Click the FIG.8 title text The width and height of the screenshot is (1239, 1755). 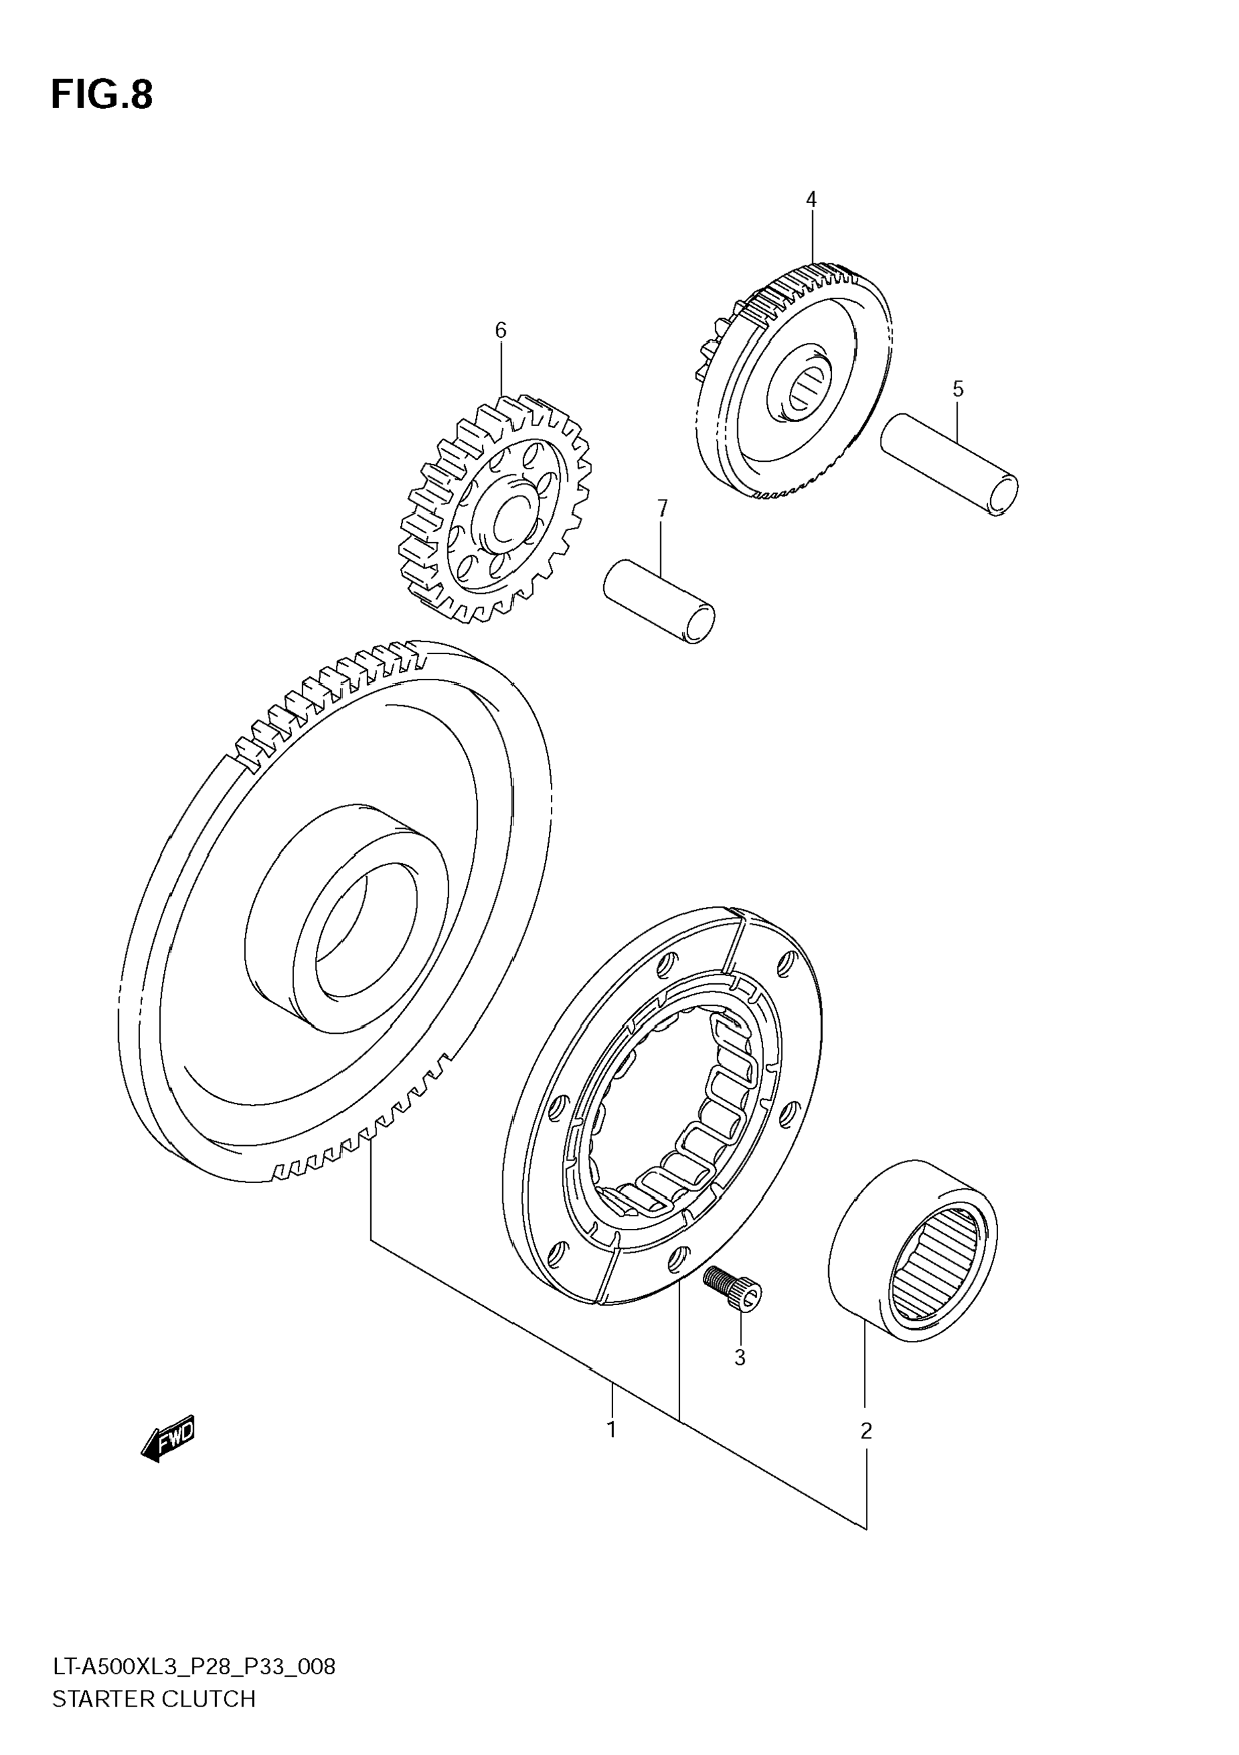[102, 96]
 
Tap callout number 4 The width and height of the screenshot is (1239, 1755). [811, 200]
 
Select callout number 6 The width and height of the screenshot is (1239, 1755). [500, 330]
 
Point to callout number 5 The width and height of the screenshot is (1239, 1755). [958, 389]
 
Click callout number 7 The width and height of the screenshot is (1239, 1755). [662, 508]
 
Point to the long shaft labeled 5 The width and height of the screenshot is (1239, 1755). [948, 464]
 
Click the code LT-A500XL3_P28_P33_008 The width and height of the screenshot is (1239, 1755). [193, 1666]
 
